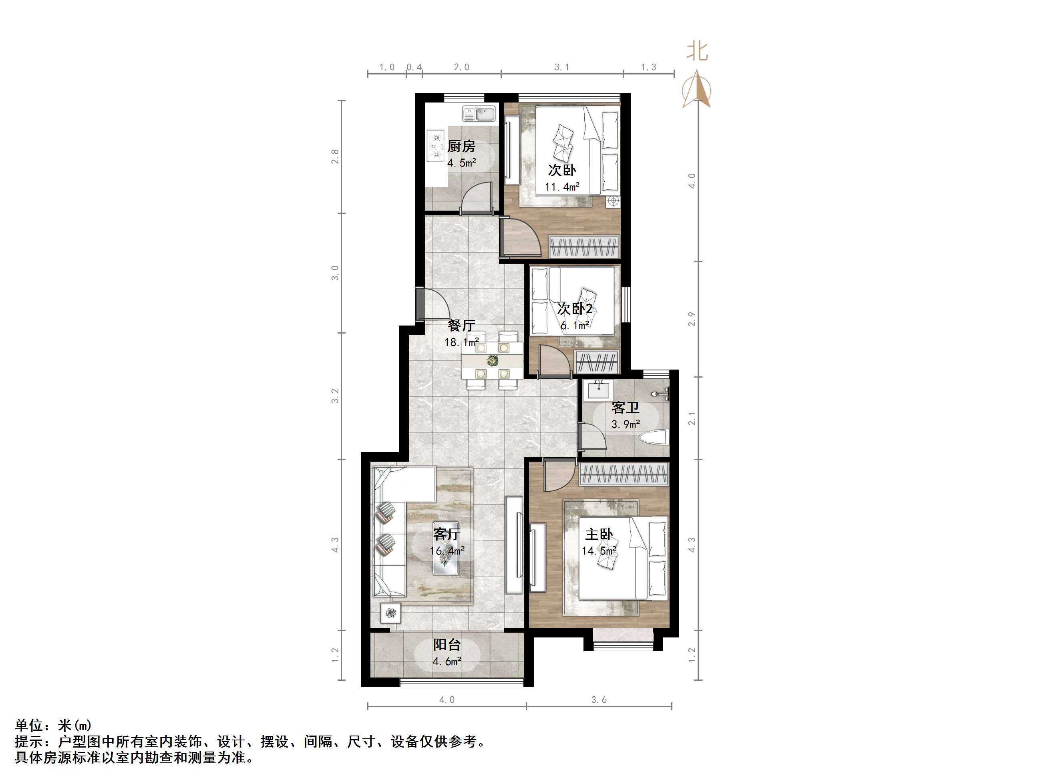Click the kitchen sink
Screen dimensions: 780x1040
tap(479, 113)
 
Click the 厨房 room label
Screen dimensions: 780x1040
tap(461, 146)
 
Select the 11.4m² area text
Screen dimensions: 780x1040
tap(562, 187)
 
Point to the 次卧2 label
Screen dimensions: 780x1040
tap(575, 308)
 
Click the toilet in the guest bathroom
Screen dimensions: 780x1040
tap(654, 438)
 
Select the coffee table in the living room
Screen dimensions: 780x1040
tap(446, 548)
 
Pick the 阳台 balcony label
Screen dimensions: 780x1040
tap(447, 645)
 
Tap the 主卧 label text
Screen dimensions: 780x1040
tap(599, 534)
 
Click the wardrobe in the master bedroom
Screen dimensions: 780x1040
tap(624, 474)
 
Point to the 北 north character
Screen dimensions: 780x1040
tap(697, 51)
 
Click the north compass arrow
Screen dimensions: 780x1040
tap(697, 89)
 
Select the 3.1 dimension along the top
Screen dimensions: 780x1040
tap(561, 67)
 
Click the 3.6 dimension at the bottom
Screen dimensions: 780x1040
tap(599, 700)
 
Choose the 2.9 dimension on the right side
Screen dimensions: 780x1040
tap(692, 319)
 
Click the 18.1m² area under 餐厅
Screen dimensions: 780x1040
tap(461, 342)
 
